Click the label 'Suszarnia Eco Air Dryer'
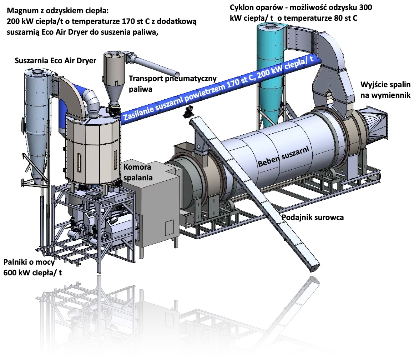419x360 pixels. tap(55, 60)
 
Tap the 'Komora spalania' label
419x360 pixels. tap(138, 172)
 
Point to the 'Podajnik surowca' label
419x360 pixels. tap(313, 217)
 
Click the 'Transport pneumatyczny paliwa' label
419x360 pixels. tap(172, 84)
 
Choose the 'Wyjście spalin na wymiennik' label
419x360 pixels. tap(385, 90)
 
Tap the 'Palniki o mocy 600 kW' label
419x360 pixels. tap(32, 267)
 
